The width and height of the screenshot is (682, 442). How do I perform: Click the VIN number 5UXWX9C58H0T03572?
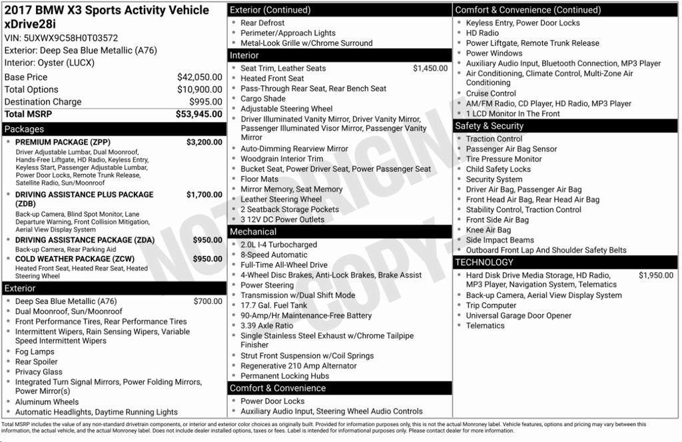coord(61,38)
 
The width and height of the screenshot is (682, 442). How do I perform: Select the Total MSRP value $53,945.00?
coord(199,115)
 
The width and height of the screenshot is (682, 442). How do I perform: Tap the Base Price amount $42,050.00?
coord(200,77)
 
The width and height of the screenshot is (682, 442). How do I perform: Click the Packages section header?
coord(24,129)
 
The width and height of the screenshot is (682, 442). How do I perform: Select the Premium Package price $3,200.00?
coord(204,142)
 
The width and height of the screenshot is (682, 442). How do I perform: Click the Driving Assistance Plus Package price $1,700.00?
coord(204,195)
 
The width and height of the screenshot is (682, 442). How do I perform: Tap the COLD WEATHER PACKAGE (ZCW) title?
coord(75,259)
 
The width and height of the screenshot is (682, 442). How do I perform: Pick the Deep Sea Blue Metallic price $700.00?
coord(208,301)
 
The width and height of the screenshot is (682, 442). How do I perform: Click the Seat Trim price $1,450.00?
coord(430,68)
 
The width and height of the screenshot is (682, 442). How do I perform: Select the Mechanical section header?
coord(253,232)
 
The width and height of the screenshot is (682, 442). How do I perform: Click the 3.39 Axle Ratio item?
coord(266,325)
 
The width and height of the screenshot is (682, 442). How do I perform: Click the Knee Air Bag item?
coord(488,230)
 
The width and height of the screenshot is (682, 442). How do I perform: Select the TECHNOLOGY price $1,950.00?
coord(655,275)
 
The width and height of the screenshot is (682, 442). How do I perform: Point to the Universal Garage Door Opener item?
coord(518,315)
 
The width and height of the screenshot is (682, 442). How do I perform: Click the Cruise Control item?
coord(491,93)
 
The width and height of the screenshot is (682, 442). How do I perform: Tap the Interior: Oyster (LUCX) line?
coord(49,63)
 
